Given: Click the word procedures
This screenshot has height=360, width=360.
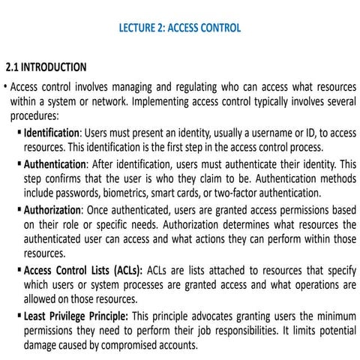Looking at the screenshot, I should click(x=34, y=116).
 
